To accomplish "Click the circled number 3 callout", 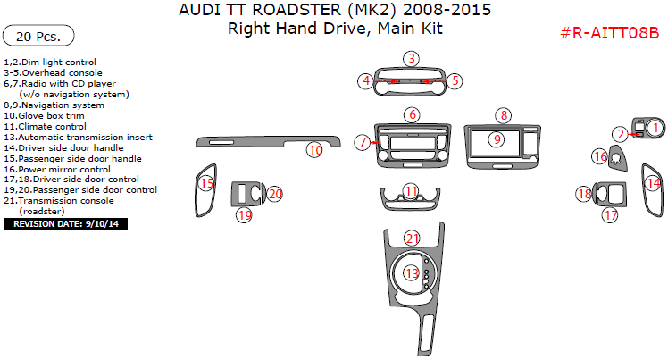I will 410,59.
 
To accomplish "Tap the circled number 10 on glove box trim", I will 314,150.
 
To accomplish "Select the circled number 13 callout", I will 411,273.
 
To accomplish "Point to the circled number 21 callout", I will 411,238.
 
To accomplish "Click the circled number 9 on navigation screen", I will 495,139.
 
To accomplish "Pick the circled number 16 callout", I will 600,156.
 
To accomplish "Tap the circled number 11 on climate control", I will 411,192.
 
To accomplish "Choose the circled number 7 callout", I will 362,142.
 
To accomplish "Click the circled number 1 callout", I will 655,129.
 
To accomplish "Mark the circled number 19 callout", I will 244,214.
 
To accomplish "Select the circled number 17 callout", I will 611,214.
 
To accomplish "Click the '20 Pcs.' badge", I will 38,37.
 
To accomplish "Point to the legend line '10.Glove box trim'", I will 54,115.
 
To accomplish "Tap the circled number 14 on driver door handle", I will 653,183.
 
